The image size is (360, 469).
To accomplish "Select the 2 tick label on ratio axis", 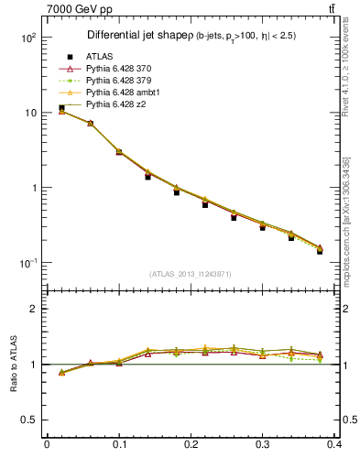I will click(34, 309).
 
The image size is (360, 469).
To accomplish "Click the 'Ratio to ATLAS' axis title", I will click(12, 365).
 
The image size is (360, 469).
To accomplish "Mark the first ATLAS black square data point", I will click(61, 108).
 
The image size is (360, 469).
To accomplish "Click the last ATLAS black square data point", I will click(320, 250).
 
